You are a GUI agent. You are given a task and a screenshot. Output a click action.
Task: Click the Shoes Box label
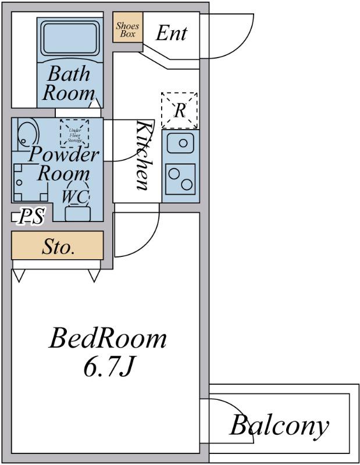[x=127, y=30]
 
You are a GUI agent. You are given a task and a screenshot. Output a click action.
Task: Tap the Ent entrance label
[x=172, y=33]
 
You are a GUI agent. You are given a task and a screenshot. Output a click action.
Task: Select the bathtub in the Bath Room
[x=70, y=38]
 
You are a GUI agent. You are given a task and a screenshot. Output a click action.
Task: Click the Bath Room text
[x=69, y=83]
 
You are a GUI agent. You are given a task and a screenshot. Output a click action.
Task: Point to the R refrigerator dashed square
[x=179, y=110]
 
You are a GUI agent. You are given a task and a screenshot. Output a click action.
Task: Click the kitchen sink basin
[x=180, y=143]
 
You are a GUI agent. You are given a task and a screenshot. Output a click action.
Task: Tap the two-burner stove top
[x=180, y=179]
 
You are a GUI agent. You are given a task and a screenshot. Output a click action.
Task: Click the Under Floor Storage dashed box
[x=74, y=134]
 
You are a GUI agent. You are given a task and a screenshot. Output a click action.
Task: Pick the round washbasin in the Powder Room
[x=28, y=133]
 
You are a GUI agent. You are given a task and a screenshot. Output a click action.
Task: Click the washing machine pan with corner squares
[x=31, y=183]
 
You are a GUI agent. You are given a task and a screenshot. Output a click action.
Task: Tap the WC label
[x=76, y=196]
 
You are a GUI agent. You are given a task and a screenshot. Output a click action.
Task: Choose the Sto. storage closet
[x=57, y=245]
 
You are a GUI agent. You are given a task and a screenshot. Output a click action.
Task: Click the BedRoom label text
[x=108, y=338]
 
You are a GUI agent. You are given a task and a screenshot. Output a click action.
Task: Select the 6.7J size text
[x=108, y=367]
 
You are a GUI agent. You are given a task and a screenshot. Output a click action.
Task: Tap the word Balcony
[x=279, y=427]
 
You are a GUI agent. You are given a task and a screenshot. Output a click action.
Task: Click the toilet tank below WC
[x=78, y=214]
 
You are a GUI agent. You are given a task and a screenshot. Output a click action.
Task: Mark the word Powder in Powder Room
[x=63, y=154]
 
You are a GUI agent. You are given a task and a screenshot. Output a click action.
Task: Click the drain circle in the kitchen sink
[x=183, y=143]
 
